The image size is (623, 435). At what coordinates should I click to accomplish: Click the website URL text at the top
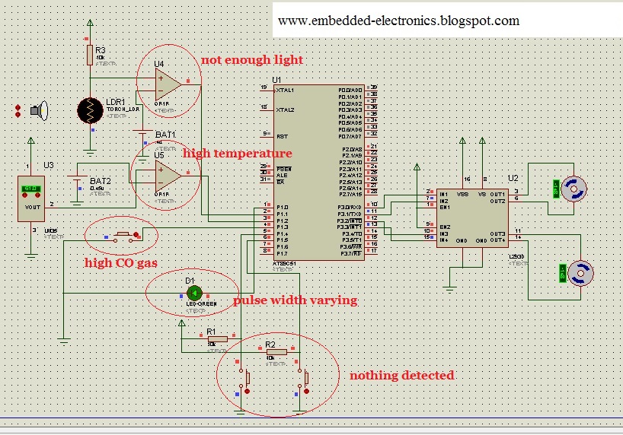[x=398, y=21]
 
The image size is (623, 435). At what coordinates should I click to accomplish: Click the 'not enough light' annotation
[x=251, y=60]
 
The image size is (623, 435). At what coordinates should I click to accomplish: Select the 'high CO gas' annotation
[x=120, y=262]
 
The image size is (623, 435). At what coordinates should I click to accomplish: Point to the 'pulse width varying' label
[x=295, y=300]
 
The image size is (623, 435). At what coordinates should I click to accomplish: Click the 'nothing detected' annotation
[x=401, y=376]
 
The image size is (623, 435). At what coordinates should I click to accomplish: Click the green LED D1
[x=193, y=292]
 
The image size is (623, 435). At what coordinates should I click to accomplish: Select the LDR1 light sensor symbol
[x=91, y=110]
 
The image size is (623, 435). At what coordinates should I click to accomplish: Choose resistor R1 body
[x=212, y=342]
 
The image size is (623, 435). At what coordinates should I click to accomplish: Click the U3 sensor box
[x=30, y=198]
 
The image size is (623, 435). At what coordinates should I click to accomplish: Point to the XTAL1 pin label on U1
[x=286, y=90]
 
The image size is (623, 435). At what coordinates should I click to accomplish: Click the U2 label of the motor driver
[x=513, y=178]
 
